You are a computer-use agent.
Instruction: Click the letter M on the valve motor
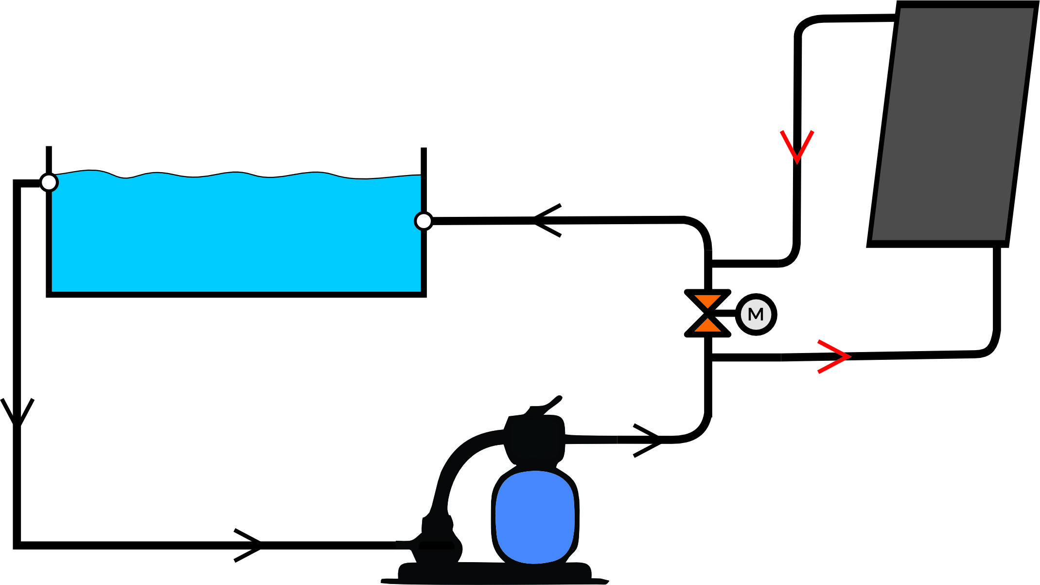[x=756, y=315]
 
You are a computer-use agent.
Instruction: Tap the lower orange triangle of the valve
[x=707, y=326]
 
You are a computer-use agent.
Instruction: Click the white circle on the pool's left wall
[x=49, y=182]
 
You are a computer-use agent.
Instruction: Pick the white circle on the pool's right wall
[x=423, y=221]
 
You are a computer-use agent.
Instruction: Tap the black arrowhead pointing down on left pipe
[x=18, y=413]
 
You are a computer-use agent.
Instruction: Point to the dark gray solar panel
[x=953, y=122]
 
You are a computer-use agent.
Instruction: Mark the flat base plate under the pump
[x=494, y=573]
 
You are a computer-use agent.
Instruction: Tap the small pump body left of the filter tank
[x=438, y=540]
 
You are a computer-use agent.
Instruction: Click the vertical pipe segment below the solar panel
[x=997, y=292]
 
